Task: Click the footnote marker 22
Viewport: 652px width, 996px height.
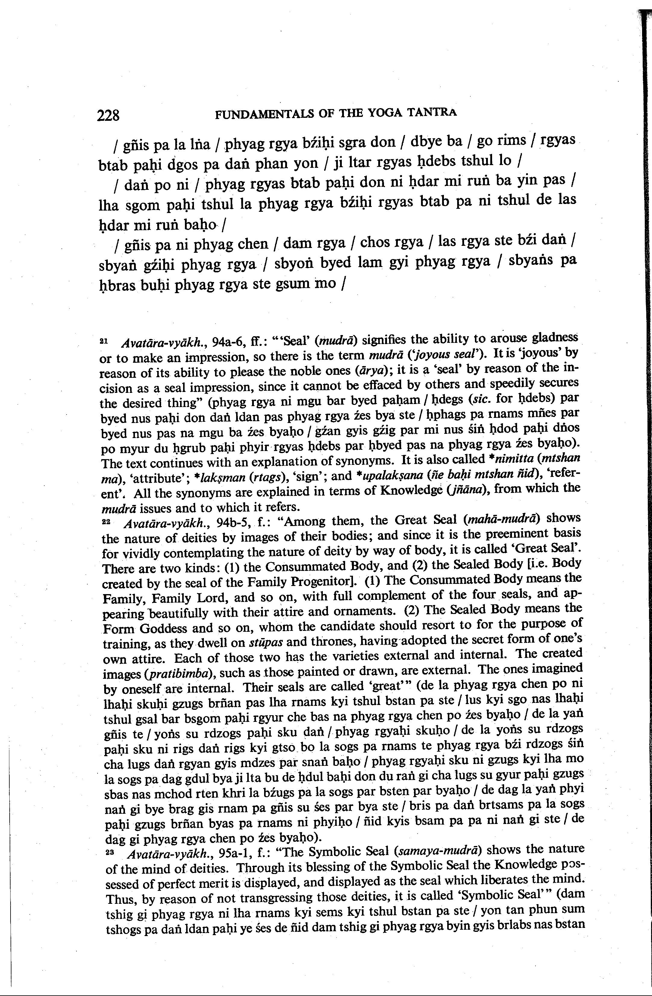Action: tap(105, 521)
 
